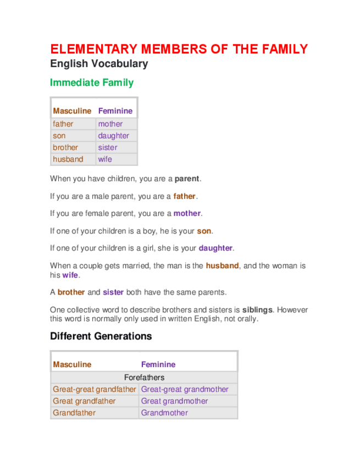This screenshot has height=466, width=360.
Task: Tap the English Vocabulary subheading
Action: point(99,64)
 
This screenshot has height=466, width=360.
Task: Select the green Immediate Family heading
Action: point(92,83)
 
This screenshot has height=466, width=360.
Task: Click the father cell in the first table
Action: point(63,124)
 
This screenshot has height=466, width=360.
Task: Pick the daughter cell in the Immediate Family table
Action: point(114,136)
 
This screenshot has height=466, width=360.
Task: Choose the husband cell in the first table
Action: point(68,159)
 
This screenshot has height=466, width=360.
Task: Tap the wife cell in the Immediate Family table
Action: point(105,159)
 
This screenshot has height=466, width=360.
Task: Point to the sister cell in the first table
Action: point(108,147)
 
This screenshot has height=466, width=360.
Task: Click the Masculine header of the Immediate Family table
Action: point(72,111)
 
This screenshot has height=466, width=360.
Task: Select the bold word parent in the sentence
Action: point(187,179)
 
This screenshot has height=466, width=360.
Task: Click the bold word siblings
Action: point(257,310)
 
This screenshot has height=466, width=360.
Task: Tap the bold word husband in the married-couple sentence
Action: point(222,266)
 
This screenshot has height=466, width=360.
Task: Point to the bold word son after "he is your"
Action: point(204,231)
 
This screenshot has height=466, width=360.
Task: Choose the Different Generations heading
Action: point(101,336)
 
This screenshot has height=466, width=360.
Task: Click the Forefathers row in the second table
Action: point(144,378)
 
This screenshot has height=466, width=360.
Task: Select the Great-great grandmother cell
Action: point(185,390)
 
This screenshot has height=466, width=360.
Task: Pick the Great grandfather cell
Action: point(84,401)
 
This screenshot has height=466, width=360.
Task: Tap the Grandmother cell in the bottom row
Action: point(164,413)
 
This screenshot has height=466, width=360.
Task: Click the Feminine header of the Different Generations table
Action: point(158,364)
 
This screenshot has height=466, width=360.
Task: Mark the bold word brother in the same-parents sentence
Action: point(71,292)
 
